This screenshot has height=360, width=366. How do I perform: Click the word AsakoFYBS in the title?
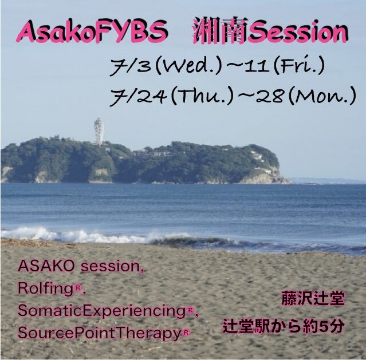tap(92, 32)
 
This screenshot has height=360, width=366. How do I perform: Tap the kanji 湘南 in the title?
tap(221, 31)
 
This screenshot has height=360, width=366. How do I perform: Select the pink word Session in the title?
tap(298, 32)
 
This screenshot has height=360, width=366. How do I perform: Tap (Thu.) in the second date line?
tap(202, 96)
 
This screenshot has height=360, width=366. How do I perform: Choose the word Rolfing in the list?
tap(46, 288)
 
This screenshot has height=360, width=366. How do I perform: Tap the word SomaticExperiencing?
tap(102, 311)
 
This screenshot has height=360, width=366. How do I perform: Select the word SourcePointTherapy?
tap(100, 333)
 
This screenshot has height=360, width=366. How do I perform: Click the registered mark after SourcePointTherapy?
tap(186, 333)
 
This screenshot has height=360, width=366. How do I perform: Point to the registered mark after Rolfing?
tap(78, 288)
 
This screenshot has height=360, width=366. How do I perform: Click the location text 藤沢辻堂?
tap(313, 298)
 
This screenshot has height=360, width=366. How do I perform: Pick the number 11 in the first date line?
tap(258, 66)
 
